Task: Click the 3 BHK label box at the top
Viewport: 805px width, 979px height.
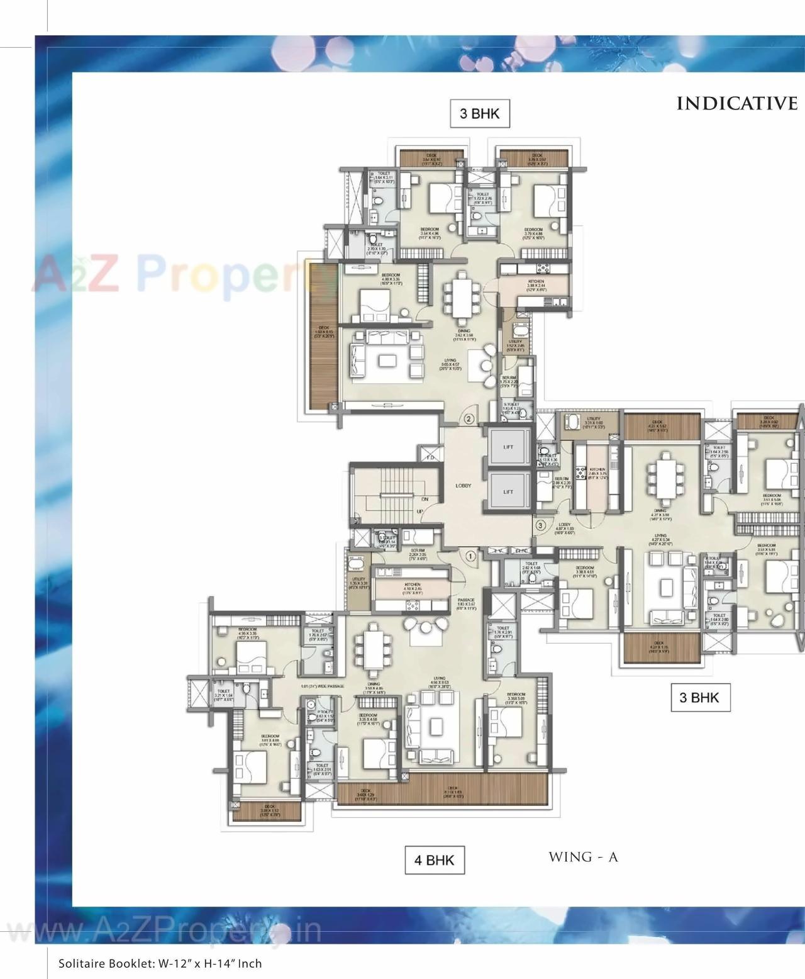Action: pyautogui.click(x=479, y=114)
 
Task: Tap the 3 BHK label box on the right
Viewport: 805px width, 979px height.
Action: pyautogui.click(x=699, y=697)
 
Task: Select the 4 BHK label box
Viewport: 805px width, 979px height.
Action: pyautogui.click(x=435, y=860)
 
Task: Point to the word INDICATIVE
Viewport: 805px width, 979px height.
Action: pyautogui.click(x=736, y=104)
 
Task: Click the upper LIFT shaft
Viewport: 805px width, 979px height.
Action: pyautogui.click(x=508, y=447)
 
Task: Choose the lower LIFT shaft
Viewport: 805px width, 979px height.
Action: pyautogui.click(x=508, y=492)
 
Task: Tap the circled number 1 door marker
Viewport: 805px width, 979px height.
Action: pyautogui.click(x=470, y=555)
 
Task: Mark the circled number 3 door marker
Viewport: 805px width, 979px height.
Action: pyautogui.click(x=540, y=525)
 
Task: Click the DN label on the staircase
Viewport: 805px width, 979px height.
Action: pyautogui.click(x=425, y=499)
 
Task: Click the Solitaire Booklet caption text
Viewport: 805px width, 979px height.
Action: pyautogui.click(x=160, y=963)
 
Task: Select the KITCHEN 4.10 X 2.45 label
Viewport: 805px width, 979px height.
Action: pyautogui.click(x=412, y=587)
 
